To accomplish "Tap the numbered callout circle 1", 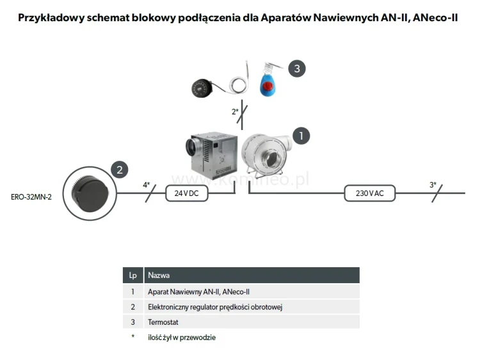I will coord(301,135).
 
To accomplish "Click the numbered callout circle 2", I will coord(118,169).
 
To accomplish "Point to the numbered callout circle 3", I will coord(296,69).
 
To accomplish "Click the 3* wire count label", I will coord(433,185).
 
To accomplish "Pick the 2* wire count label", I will coord(235,112).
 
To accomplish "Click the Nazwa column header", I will coord(159,275).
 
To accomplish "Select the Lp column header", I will coord(132,275).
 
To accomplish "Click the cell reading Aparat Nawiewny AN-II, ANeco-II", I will coord(189,291).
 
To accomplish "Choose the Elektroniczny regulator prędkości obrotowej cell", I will coord(215,307).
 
